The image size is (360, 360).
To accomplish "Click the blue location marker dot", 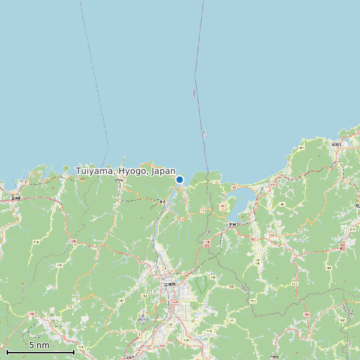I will [x=179, y=179].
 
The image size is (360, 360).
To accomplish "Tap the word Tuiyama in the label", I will [x=96, y=171].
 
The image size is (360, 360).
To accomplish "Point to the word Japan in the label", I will [x=163, y=171].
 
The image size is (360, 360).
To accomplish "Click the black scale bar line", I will [x=40, y=351].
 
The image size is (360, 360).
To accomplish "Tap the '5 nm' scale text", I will [x=39, y=345].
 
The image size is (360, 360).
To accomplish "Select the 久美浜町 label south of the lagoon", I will [x=232, y=226].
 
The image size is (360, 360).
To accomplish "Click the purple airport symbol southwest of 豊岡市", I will [x=142, y=319].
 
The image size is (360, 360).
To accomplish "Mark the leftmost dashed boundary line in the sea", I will [x=95, y=73].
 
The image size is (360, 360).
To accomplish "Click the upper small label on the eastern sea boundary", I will [x=195, y=94].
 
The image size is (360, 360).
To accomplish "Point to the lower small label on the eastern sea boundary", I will [x=204, y=133].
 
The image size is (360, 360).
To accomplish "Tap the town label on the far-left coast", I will [x=16, y=197].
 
